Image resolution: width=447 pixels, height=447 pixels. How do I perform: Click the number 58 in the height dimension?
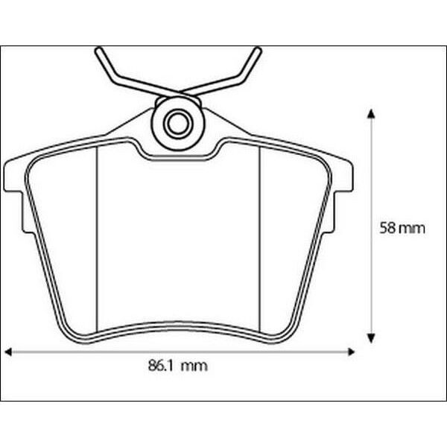(387, 229)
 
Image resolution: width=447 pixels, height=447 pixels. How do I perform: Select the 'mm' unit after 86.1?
(194, 366)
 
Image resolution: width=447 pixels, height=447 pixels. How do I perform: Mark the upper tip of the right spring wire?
(259, 51)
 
